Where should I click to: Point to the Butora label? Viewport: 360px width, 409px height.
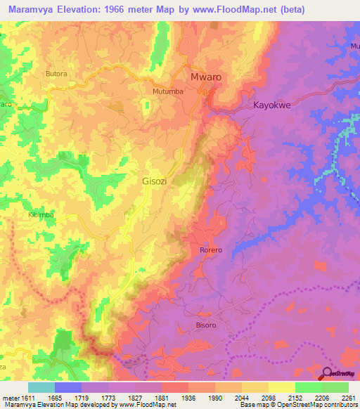[x=56, y=73]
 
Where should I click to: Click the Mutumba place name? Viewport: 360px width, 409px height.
[x=168, y=91]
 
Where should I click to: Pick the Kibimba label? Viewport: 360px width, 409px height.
[x=41, y=215]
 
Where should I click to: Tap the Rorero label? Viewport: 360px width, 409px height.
[x=206, y=250]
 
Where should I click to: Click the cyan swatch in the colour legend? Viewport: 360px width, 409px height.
[x=41, y=387]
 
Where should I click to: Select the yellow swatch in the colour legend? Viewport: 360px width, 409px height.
[x=281, y=387]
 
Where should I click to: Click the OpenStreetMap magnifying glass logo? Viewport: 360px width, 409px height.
[x=328, y=373]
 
